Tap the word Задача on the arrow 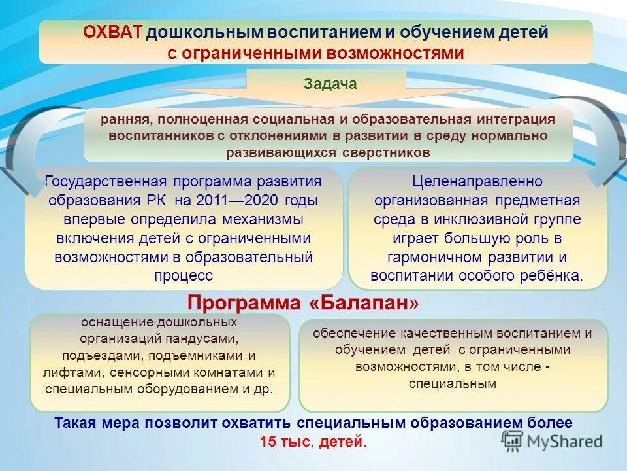tap(330, 84)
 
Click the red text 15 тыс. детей tap(313, 442)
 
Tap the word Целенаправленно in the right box tap(477, 181)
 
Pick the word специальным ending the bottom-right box tap(453, 384)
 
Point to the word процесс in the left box tap(184, 275)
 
